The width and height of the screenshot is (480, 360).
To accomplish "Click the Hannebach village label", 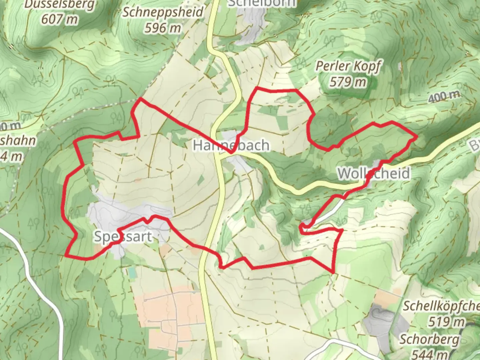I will coord(231,146).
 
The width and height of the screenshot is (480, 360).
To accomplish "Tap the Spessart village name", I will coord(123,237).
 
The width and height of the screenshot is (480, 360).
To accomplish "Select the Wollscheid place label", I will coord(374,174).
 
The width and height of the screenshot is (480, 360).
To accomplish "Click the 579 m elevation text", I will coord(348,82).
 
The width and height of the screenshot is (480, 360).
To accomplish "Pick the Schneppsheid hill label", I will coord(163,13).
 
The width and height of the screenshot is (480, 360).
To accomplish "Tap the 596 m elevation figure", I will coord(163,28).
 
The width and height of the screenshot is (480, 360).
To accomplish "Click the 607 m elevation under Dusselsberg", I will coord(59,19).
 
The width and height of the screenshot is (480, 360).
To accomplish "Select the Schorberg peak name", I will coord(429,339).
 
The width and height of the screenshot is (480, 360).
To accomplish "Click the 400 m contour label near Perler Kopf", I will coord(444,97).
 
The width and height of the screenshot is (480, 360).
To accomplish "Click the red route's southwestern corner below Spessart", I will coord(66,256).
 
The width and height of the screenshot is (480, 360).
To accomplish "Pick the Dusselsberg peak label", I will coord(59,5).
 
